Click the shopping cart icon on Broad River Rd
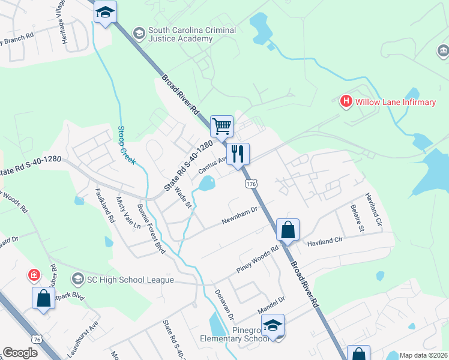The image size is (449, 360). click(x=221, y=127)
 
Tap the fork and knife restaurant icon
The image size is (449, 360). click(x=238, y=154)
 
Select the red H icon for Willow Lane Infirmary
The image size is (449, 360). click(x=346, y=101)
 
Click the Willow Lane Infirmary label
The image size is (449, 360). click(x=395, y=102)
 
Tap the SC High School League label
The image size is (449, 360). click(x=130, y=280)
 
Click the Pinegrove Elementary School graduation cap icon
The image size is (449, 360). click(x=273, y=325)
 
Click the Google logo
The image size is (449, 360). click(x=20, y=353)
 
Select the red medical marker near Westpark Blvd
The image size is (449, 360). click(x=35, y=275)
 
